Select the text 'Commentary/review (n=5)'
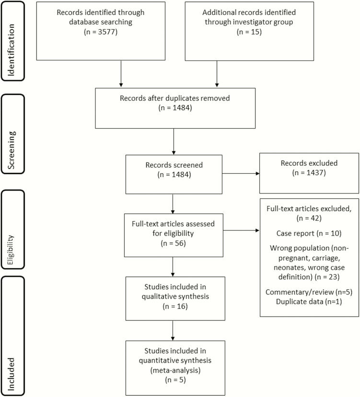coord(309,289)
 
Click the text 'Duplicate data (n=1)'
coord(309,298)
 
